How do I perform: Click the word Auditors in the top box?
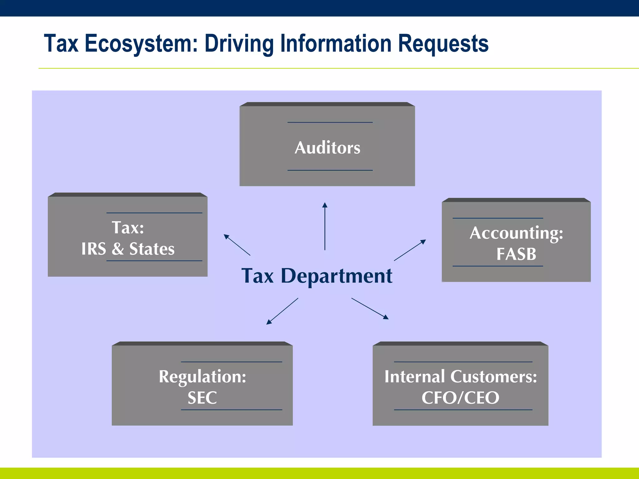(327, 148)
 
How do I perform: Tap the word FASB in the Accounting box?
(516, 254)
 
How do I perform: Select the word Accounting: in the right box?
(516, 233)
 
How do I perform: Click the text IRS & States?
(128, 249)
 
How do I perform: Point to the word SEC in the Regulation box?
(202, 398)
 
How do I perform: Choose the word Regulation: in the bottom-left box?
(202, 376)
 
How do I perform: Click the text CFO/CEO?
(460, 398)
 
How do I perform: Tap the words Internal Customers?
(460, 376)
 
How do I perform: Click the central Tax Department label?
(317, 276)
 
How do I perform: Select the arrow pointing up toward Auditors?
(325, 226)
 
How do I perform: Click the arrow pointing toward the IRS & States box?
(237, 245)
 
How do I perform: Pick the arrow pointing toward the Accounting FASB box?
(410, 250)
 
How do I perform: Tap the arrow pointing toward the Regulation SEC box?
(282, 311)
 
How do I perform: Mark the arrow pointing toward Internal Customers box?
(370, 308)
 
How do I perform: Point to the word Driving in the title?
(239, 44)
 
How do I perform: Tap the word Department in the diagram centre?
(336, 276)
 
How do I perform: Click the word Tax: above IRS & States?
(128, 227)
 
